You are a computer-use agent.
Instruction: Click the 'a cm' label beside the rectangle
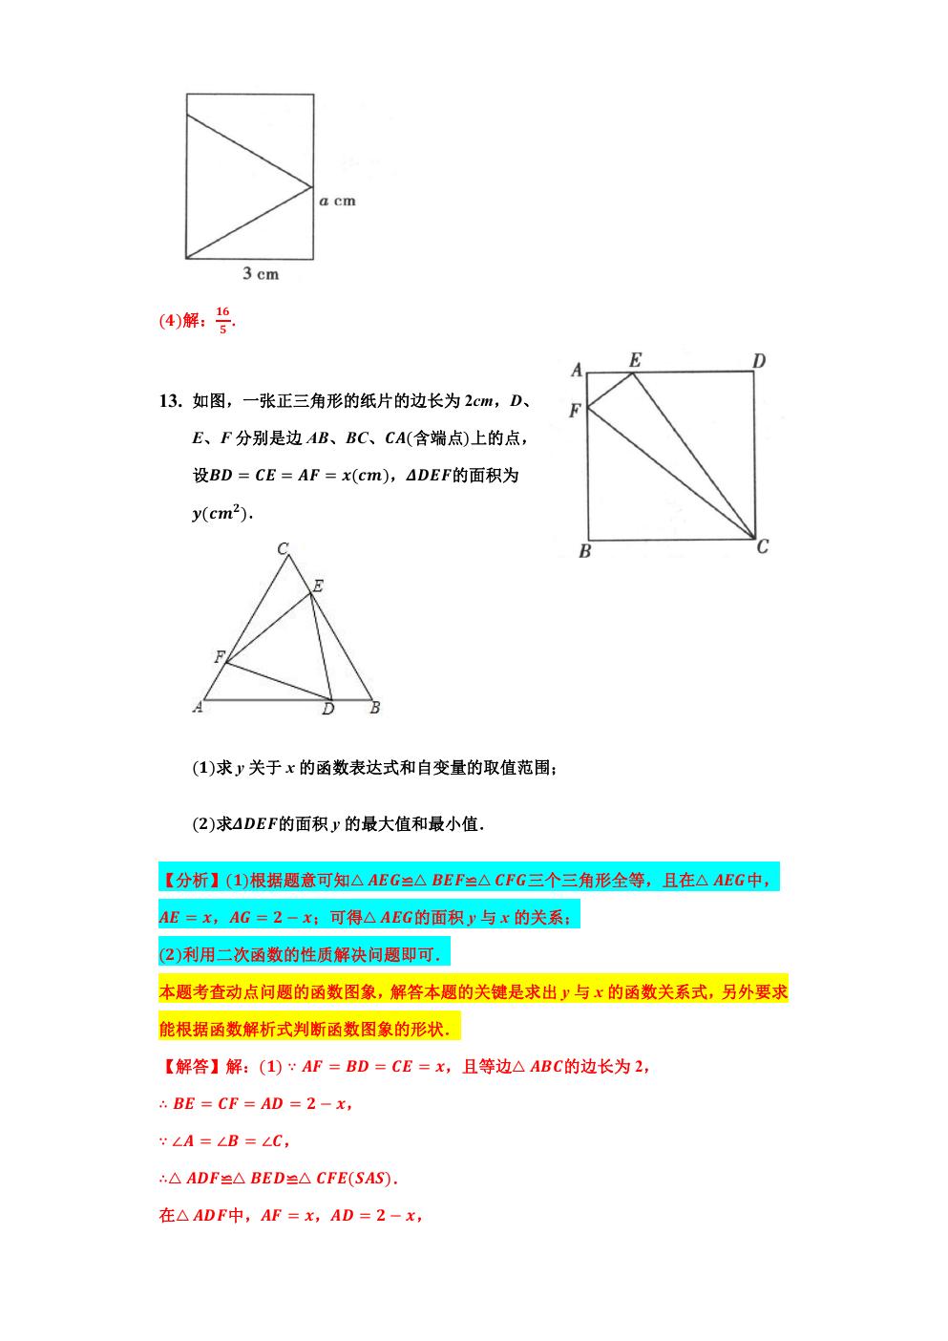[337, 201]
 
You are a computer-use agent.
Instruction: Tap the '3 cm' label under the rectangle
[260, 274]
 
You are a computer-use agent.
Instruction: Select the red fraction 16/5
[222, 320]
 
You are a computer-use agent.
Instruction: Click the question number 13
[170, 400]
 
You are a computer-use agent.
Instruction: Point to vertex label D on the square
[759, 361]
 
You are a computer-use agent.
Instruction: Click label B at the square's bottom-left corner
[584, 551]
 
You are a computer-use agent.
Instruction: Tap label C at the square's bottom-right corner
[762, 546]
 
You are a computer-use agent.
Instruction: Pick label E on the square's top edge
[635, 359]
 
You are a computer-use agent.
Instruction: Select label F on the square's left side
[574, 411]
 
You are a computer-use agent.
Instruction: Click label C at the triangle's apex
[284, 549]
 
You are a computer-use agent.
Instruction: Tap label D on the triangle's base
[327, 709]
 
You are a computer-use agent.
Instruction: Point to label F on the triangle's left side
[219, 657]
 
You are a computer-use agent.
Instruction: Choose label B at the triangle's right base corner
[375, 708]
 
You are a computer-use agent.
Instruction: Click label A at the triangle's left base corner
[198, 708]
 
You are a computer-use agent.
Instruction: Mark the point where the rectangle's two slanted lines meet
[313, 186]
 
